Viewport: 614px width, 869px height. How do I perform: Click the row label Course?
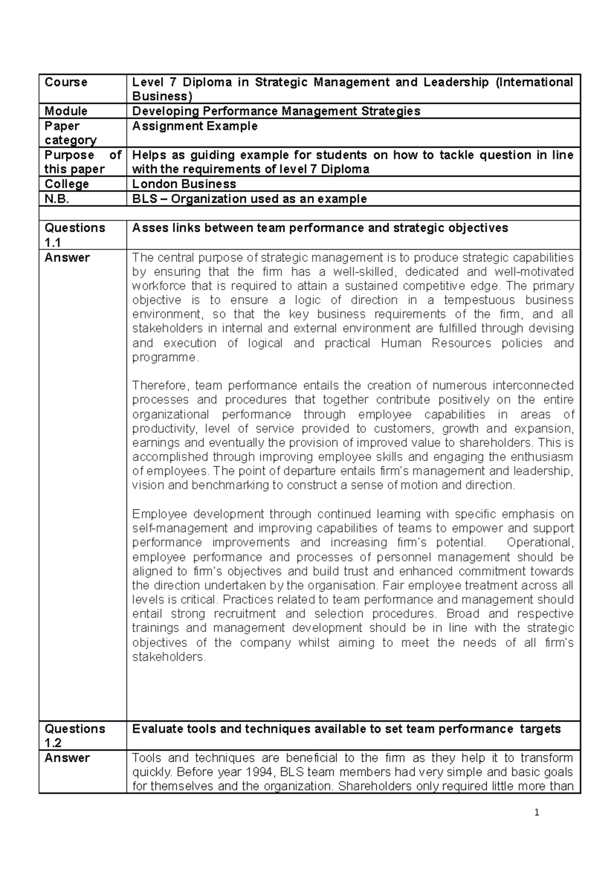pos(66,82)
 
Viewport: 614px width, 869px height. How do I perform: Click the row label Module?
pos(66,111)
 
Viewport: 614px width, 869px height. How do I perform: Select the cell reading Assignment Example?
pos(194,126)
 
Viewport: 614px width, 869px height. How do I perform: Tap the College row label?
pos(67,184)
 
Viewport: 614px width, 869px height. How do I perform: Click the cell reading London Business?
pos(184,184)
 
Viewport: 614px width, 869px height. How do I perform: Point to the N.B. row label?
pos(57,199)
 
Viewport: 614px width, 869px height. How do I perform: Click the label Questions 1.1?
pos(75,235)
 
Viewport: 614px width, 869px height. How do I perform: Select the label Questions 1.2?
pos(75,736)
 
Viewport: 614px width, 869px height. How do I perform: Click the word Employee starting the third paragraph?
pos(160,514)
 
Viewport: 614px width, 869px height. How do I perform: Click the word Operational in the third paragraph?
pos(543,542)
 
